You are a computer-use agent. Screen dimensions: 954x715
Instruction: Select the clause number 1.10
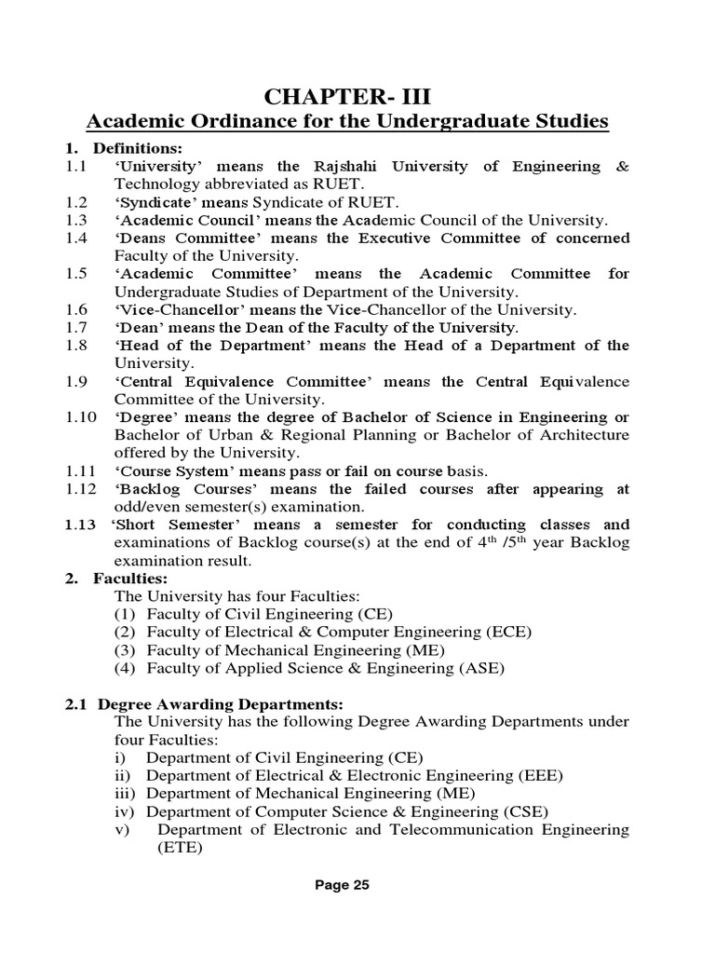click(x=80, y=417)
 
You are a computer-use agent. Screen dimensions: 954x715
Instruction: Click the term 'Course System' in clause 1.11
click(x=169, y=471)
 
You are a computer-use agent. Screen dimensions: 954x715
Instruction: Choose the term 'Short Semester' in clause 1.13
click(x=171, y=525)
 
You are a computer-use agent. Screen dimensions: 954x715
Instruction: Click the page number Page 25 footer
click(x=341, y=886)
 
